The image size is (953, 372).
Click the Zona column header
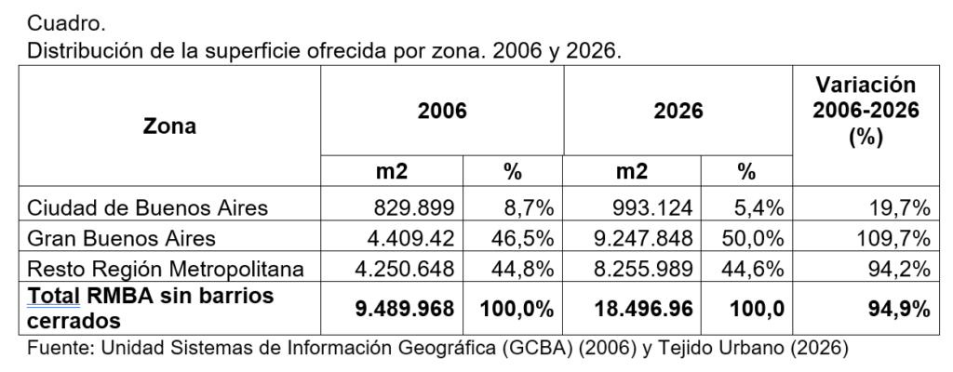click(x=169, y=126)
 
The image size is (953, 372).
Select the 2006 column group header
click(x=441, y=111)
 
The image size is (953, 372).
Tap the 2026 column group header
click(x=678, y=111)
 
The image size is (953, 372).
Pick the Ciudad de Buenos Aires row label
click(x=148, y=207)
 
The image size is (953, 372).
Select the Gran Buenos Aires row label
click(x=122, y=238)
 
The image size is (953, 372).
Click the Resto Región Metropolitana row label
click(x=165, y=269)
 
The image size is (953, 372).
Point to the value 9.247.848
click(x=639, y=238)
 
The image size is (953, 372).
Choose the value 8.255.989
click(x=639, y=269)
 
